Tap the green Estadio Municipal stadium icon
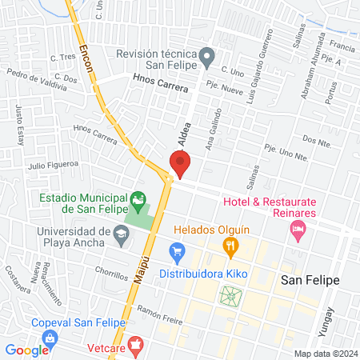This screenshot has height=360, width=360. coord(139,198)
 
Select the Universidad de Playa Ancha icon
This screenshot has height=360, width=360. coord(122,234)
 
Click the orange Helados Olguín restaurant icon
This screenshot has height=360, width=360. coord(230,246)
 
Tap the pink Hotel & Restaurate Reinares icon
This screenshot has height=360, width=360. coord(298,230)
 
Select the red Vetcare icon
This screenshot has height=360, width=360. coord(135,345)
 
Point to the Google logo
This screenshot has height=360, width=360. coord(27,350)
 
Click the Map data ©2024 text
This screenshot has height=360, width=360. coord(325,354)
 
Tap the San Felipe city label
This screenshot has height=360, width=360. coord(310,280)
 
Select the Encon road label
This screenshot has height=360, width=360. coord(86,60)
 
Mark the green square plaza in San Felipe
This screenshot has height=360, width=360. coord(230,297)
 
